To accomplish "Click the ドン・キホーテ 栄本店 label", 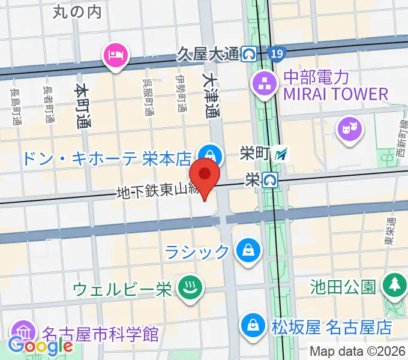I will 107,158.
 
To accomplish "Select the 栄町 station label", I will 251,154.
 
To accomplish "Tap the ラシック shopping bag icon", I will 247,251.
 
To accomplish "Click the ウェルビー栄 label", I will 122,289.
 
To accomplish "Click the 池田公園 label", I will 344,286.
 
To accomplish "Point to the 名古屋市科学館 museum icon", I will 22,332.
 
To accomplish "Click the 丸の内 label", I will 77,11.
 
